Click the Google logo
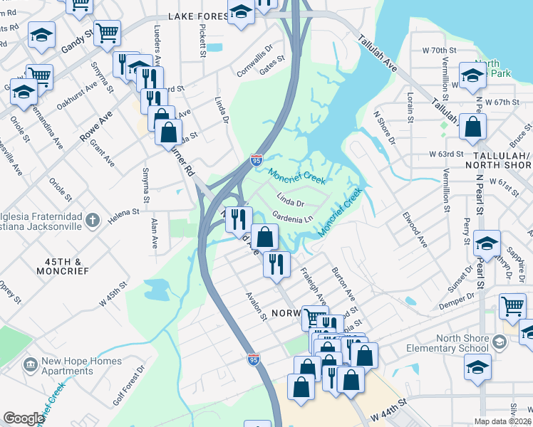(x=23, y=418)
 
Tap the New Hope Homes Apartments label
(x=81, y=366)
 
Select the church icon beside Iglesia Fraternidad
(x=92, y=221)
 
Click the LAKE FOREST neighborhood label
(x=196, y=16)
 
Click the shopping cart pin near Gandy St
(x=107, y=32)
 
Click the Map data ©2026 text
(x=502, y=421)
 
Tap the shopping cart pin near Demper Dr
(x=512, y=305)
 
